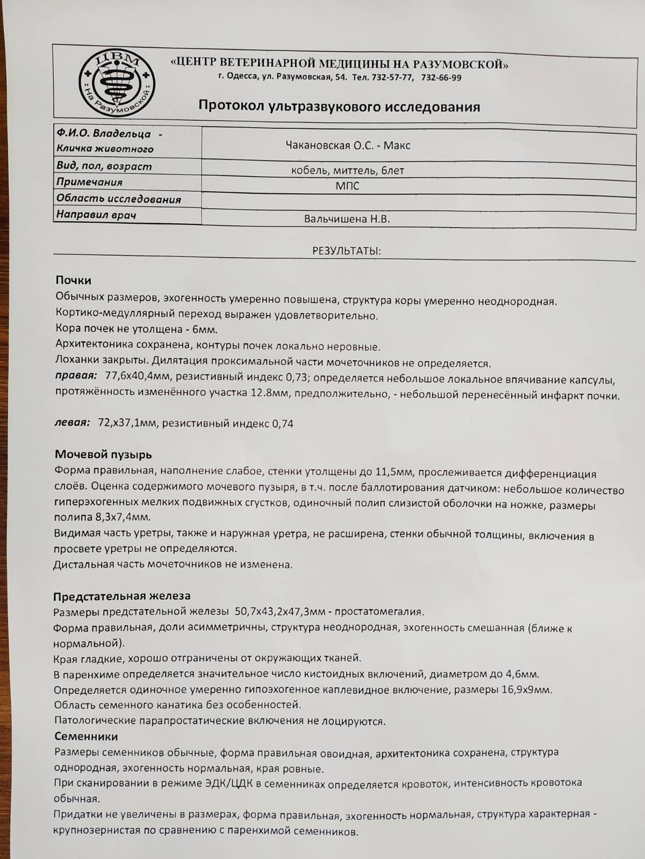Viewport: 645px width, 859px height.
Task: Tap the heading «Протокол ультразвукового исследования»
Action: pos(339,106)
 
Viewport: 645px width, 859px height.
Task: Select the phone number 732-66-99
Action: pos(441,77)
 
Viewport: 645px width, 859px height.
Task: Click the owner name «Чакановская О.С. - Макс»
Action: pos(348,145)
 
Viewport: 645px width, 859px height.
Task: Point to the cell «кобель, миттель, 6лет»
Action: pos(347,171)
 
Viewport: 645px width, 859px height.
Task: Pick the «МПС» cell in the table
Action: pos(347,186)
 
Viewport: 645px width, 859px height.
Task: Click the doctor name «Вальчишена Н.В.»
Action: pos(347,219)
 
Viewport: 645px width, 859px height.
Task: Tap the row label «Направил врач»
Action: pos(97,215)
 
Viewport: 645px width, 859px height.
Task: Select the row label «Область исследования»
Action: pos(119,199)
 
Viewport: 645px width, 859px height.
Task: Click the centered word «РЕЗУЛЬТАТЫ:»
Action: pos(347,251)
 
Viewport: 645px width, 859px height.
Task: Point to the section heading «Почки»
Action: pos(73,280)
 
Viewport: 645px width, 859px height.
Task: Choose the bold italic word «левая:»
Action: pos(73,423)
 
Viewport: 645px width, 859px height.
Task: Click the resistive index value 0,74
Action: pos(283,424)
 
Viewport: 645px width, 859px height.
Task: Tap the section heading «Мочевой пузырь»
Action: pos(103,454)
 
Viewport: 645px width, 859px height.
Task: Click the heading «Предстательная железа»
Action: pos(121,596)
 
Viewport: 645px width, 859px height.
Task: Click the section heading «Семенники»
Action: pos(86,736)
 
